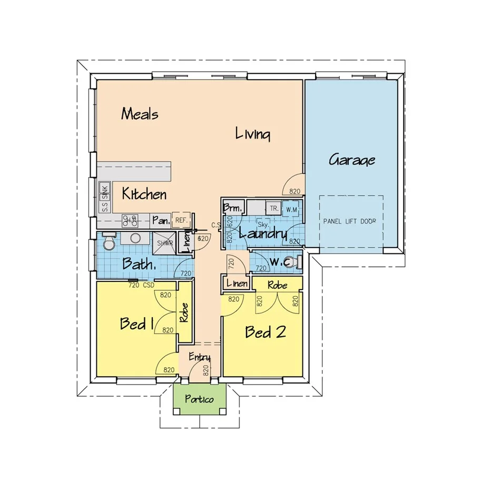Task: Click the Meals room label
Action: tap(140, 114)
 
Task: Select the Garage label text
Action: tap(352, 159)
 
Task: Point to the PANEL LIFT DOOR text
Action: tap(350, 221)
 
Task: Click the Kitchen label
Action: tap(144, 194)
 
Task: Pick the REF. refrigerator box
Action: tap(180, 220)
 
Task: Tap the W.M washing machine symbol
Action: tap(292, 209)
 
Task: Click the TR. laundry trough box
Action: tap(273, 208)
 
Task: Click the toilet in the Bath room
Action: tap(109, 242)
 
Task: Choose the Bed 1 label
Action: tap(136, 323)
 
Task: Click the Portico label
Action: tap(200, 399)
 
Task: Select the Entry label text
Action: tap(199, 358)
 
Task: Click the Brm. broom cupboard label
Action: tap(231, 208)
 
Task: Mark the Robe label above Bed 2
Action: tap(277, 285)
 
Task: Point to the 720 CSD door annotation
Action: tap(141, 285)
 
